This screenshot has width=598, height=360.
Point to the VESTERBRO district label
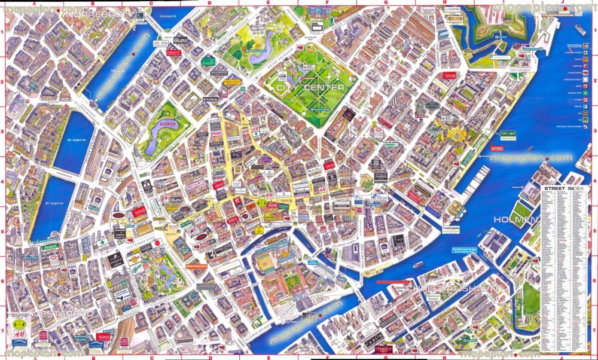[65, 314]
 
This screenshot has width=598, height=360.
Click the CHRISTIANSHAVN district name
[453, 289]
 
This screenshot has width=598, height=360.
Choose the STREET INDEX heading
[565, 189]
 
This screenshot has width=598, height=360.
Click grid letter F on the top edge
[327, 3]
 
